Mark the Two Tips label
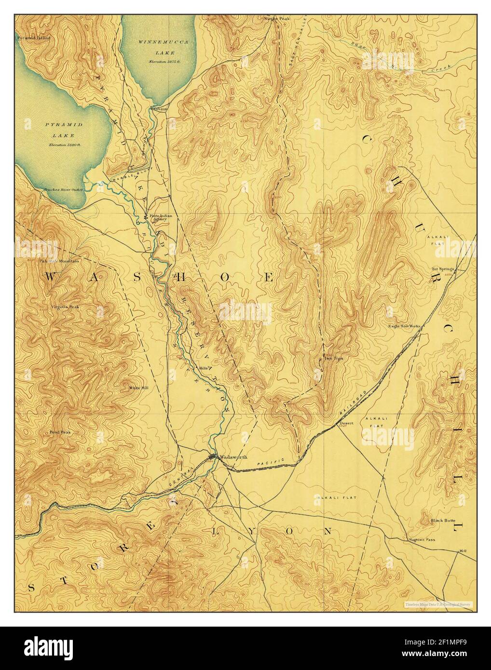click(333, 358)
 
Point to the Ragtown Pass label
click(421, 539)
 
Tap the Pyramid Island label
click(30, 37)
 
